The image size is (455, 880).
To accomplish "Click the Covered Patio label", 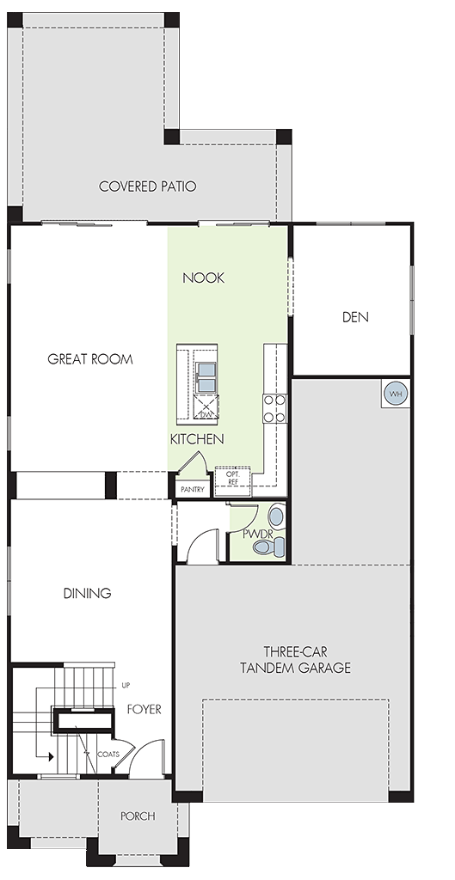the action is [x=147, y=186].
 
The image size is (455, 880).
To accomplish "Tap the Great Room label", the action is [x=89, y=359].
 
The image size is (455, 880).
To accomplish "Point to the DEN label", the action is [x=355, y=317].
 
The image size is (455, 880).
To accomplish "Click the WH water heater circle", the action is [x=396, y=394].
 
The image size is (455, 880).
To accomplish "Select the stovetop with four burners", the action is [x=274, y=408].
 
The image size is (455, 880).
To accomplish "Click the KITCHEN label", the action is [x=197, y=439].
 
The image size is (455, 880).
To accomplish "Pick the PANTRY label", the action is [x=192, y=490].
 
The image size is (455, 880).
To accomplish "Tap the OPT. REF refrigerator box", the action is [x=232, y=478].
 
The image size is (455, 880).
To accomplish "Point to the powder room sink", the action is [x=276, y=516].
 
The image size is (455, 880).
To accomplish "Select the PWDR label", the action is [x=258, y=534].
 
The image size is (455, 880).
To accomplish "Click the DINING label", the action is [x=87, y=593].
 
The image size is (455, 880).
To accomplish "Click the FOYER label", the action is [x=144, y=710].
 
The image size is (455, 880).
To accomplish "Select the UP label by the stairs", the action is [x=126, y=686].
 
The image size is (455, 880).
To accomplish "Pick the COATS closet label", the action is [x=108, y=755].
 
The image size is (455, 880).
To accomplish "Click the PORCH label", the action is [x=138, y=816].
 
